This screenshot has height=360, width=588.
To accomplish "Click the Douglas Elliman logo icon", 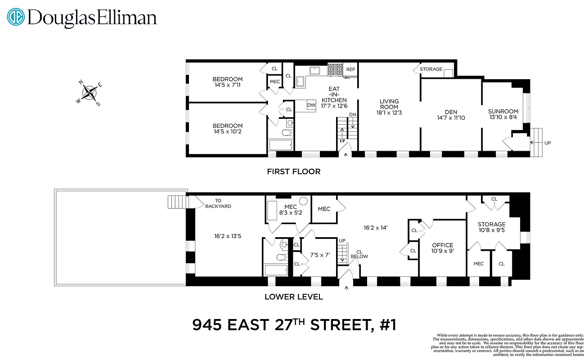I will (16, 18).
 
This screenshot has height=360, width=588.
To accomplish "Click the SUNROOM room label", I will (503, 114).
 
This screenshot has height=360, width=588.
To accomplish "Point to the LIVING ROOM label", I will (389, 107).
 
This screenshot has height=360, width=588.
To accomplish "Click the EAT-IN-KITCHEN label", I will (334, 97).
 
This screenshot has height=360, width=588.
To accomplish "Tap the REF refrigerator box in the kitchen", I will (350, 69).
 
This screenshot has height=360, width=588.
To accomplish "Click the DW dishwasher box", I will (311, 105).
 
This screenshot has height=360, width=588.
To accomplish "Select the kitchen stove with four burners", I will (335, 69).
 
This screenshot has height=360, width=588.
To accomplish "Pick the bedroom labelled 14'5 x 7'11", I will (228, 82).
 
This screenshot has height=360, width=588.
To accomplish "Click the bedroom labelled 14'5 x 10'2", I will (228, 128).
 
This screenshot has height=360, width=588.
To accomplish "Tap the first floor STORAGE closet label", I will (431, 69).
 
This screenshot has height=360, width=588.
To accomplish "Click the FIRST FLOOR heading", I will (294, 171).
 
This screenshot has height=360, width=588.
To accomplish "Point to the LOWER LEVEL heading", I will (293, 297).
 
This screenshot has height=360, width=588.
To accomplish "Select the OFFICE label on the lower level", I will (442, 248).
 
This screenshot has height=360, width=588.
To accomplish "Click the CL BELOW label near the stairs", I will (359, 254).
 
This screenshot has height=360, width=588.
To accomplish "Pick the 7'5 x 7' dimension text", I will (320, 255).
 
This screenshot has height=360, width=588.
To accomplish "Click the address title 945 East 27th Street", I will (294, 324).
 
